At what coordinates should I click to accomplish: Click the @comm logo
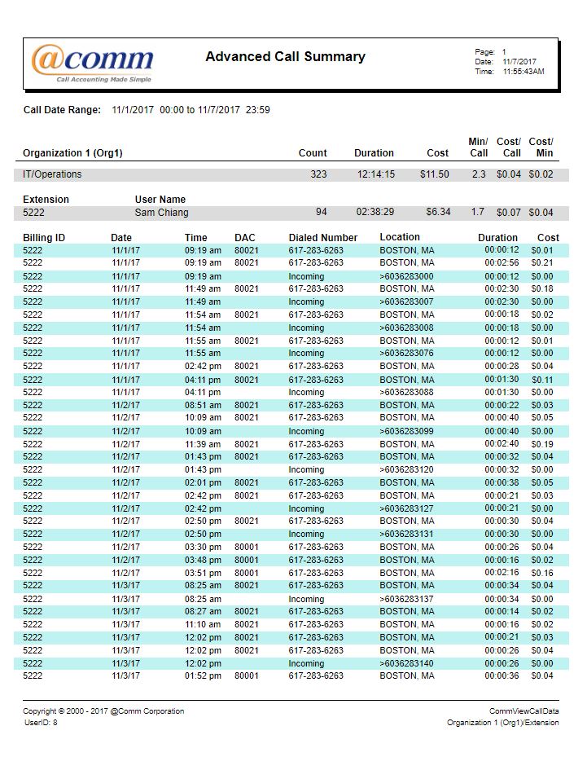pos(92,62)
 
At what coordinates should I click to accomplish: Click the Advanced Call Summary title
pos(285,57)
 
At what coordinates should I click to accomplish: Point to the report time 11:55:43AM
pos(523,72)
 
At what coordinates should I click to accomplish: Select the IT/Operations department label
pos(52,174)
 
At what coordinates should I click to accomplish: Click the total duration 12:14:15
pos(375,174)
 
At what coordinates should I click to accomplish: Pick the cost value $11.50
pos(434,174)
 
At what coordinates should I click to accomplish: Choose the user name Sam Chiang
pos(161,213)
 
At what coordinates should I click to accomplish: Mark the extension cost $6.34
pos(437,213)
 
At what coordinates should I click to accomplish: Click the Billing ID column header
pos(44,238)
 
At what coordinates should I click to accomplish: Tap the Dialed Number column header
pos(322,238)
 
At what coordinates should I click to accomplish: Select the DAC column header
pos(244,238)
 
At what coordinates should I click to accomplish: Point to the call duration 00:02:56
pos(502,263)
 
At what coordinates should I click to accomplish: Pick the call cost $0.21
pos(541,263)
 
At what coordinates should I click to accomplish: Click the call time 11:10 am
pos(203,625)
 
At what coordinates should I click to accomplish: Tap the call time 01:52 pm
pos(203,676)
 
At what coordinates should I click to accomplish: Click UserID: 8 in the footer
pos(41,723)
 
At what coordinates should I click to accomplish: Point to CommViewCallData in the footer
pos(523,711)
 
